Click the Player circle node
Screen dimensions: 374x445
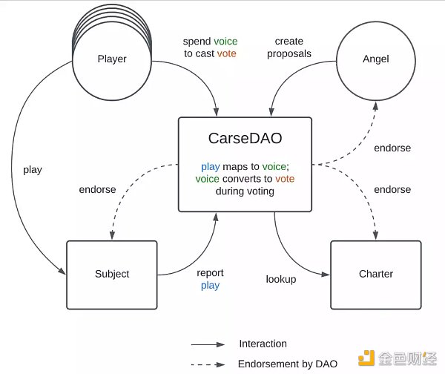[x=112, y=59]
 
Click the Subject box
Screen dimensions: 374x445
[x=112, y=274]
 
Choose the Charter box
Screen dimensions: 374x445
[x=376, y=274]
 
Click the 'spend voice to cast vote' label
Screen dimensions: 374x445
[x=211, y=47]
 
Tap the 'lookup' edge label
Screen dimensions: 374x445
[x=281, y=279]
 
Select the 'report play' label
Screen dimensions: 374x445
[x=210, y=279]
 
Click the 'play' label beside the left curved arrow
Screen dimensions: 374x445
[x=33, y=169]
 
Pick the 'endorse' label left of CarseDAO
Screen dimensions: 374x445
[x=97, y=189]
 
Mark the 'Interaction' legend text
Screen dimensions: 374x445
[x=263, y=344]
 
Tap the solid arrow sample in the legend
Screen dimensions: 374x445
[x=208, y=344]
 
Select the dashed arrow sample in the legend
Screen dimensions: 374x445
[x=208, y=364]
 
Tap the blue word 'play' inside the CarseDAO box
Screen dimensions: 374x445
[x=210, y=167]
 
